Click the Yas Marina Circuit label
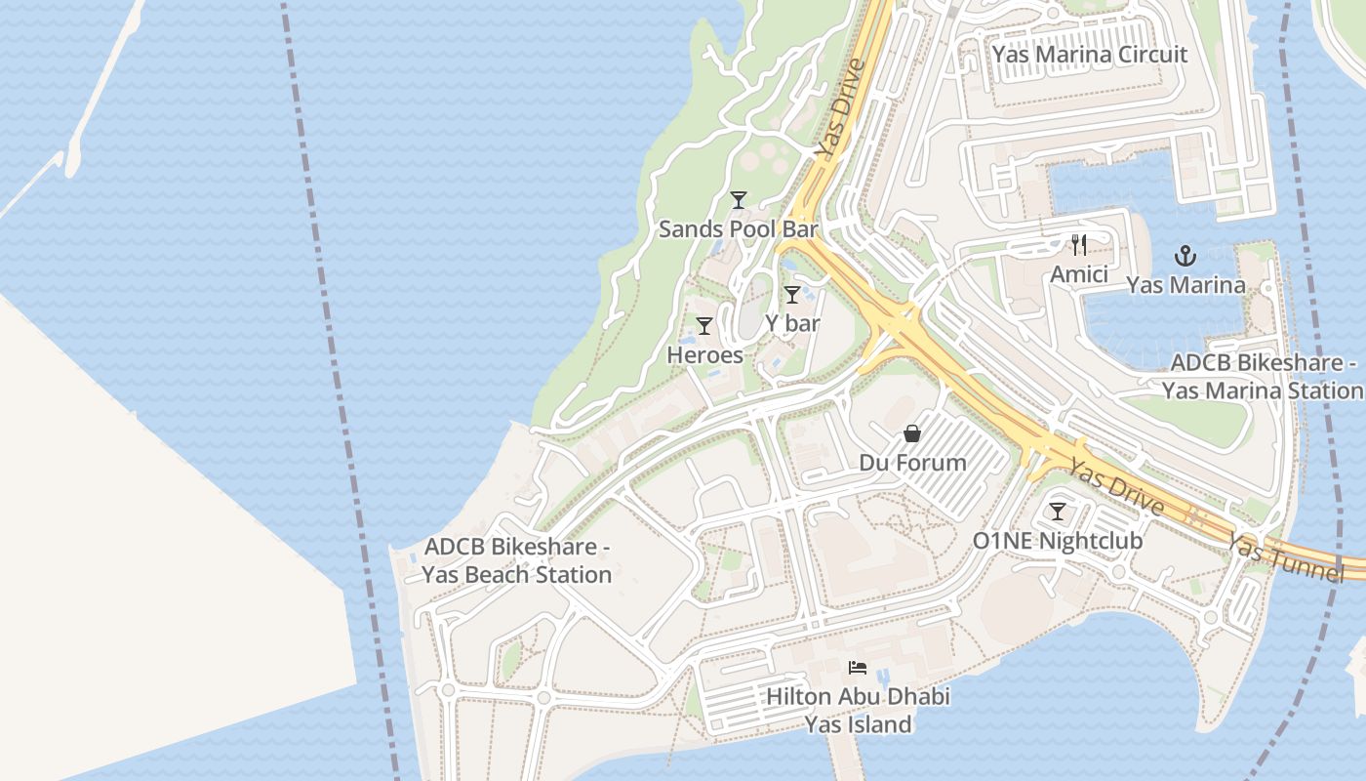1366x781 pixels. pyautogui.click(x=1089, y=54)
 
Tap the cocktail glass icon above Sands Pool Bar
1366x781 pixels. pyautogui.click(x=739, y=200)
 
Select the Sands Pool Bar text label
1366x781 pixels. pyautogui.click(x=738, y=229)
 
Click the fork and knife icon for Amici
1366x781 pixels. pyautogui.click(x=1078, y=245)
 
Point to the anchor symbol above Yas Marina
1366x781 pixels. pyautogui.click(x=1185, y=257)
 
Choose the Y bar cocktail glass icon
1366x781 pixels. pyautogui.click(x=792, y=295)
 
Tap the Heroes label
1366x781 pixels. pyautogui.click(x=704, y=355)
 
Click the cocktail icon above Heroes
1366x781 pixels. pyautogui.click(x=704, y=326)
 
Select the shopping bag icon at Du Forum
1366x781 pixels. pyautogui.click(x=912, y=433)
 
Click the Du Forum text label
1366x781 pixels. pyautogui.click(x=912, y=463)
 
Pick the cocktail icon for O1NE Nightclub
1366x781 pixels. pyautogui.click(x=1057, y=512)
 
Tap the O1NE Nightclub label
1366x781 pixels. pyautogui.click(x=1057, y=541)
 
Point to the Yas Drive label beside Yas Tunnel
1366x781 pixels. pyautogui.click(x=1114, y=488)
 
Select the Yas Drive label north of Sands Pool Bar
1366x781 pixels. pyautogui.click(x=841, y=109)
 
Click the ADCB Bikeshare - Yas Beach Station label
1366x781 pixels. pyautogui.click(x=517, y=560)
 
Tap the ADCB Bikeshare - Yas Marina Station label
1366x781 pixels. pyautogui.click(x=1263, y=377)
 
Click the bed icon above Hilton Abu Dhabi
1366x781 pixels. pyautogui.click(x=858, y=668)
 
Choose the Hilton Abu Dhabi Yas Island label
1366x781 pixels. pyautogui.click(x=858, y=711)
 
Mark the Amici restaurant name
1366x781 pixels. pyautogui.click(x=1078, y=275)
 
